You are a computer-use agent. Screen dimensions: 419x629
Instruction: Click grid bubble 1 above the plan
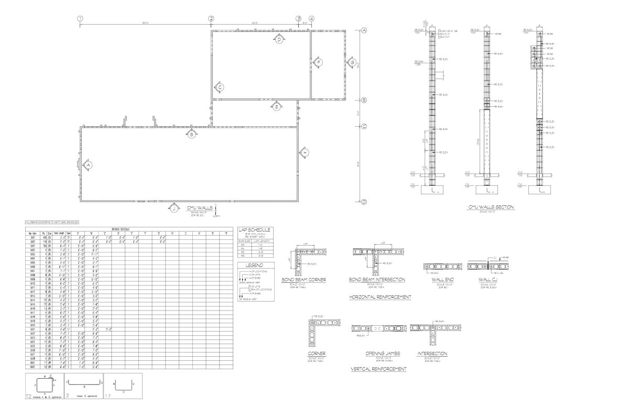[80, 19]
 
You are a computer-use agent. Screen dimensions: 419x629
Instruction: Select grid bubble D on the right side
[363, 202]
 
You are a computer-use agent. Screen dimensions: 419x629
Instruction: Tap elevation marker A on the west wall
[89, 164]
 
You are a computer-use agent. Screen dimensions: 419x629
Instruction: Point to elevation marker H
[305, 152]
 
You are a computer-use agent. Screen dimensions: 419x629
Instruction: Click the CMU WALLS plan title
[200, 208]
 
